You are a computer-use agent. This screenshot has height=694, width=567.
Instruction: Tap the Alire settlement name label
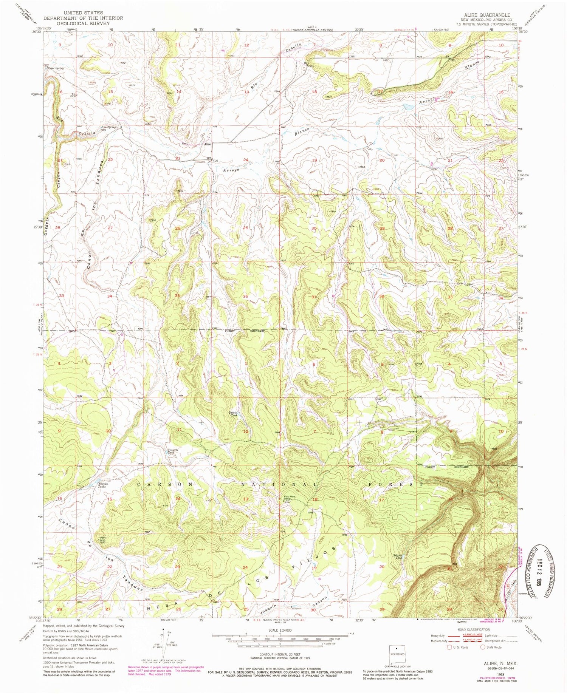(x=207, y=144)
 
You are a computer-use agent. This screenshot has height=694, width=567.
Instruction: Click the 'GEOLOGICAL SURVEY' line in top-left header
(x=83, y=23)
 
